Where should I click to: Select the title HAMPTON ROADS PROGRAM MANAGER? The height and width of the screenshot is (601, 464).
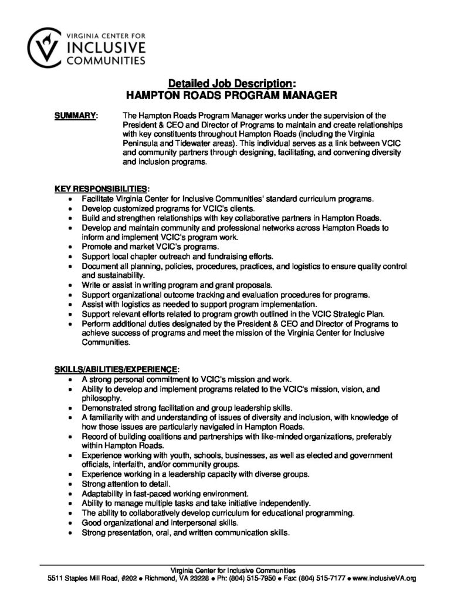(x=232, y=93)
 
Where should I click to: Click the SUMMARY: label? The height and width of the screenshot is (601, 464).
(x=76, y=116)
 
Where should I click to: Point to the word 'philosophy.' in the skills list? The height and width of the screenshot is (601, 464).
(x=101, y=398)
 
